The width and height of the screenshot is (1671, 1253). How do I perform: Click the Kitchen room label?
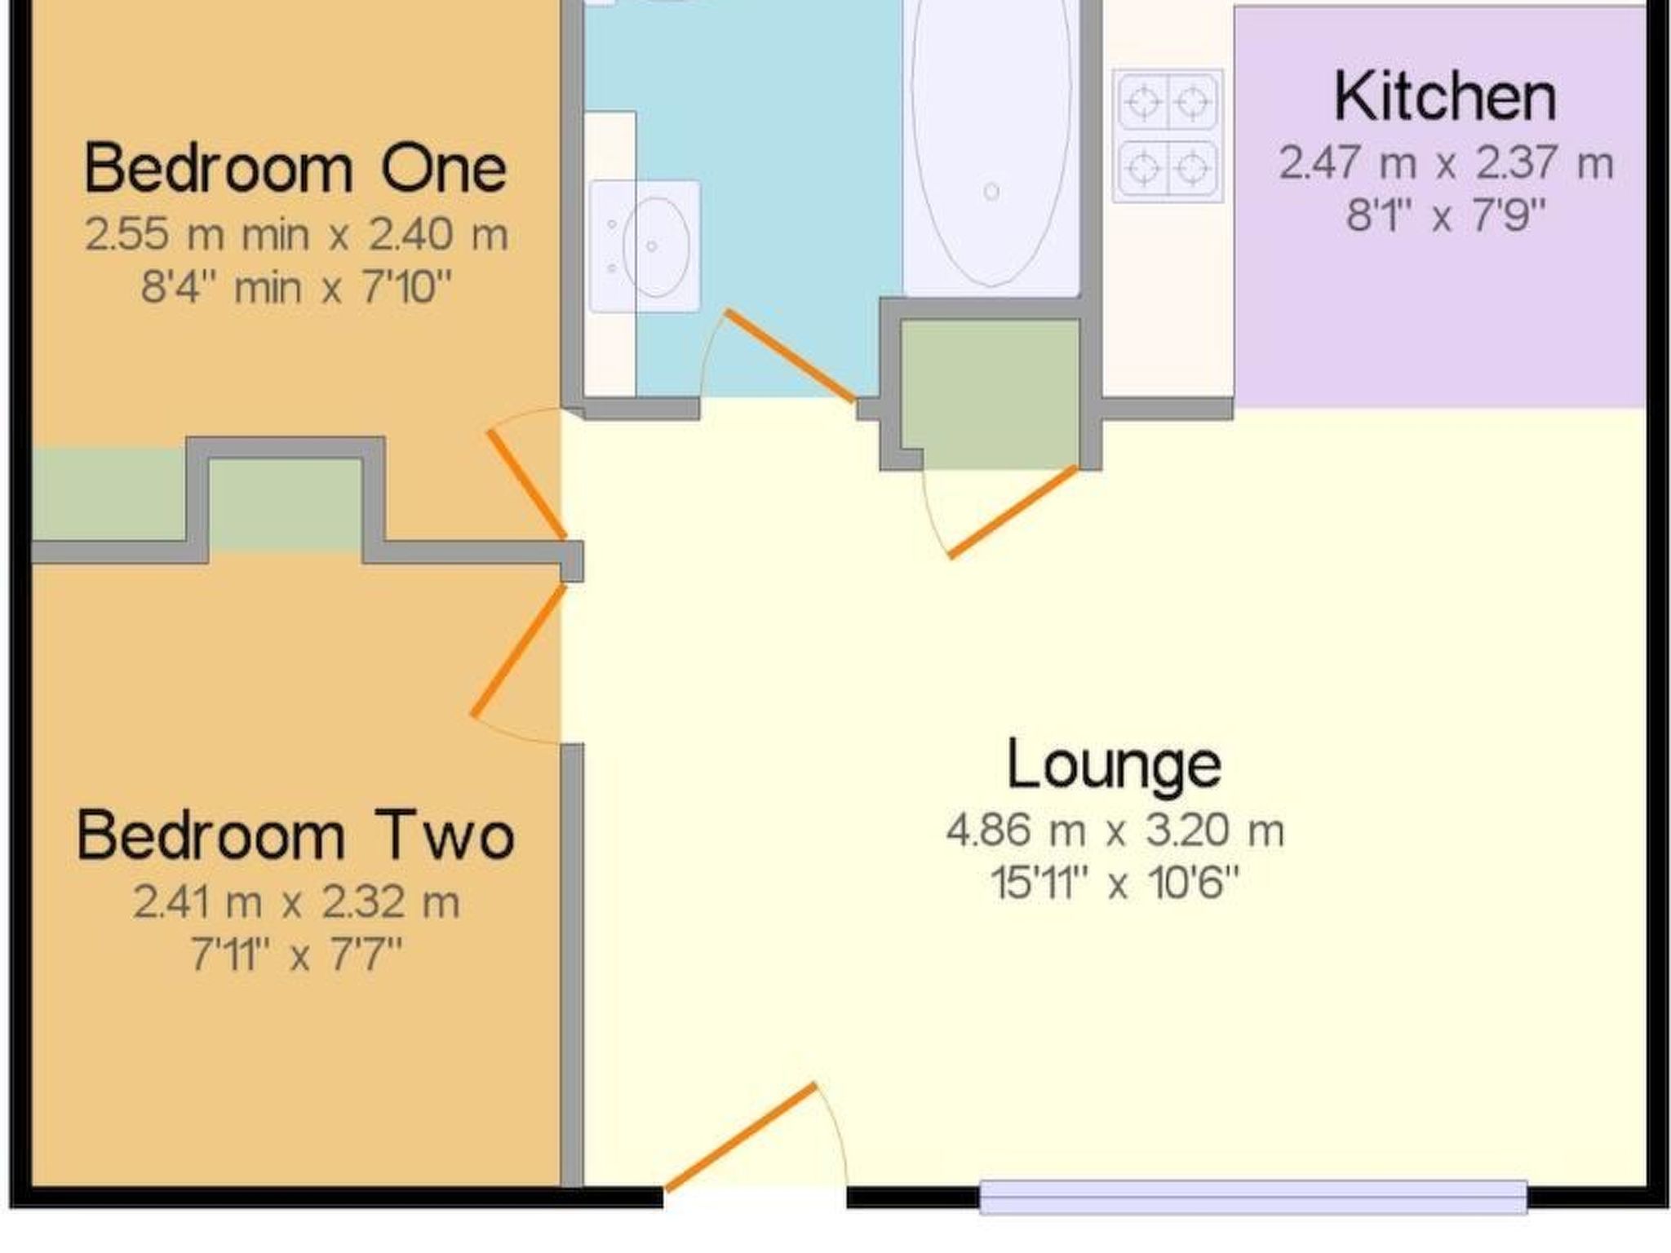(1445, 97)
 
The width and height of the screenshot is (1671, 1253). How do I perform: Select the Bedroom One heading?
(295, 168)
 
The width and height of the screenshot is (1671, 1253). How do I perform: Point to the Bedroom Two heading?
(295, 835)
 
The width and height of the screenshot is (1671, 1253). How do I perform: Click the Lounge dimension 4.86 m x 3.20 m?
(1115, 831)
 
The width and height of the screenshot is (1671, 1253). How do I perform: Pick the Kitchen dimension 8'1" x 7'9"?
(1445, 216)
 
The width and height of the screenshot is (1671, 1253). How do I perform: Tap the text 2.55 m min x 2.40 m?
(296, 235)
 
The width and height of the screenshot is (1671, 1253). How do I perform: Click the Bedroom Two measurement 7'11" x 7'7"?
(296, 953)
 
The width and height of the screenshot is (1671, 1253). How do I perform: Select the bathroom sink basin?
(655, 246)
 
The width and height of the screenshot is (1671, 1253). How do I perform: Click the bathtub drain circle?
(991, 192)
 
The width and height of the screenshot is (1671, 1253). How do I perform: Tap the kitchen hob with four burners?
(1168, 135)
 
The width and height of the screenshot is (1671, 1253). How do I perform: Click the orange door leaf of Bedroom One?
(527, 485)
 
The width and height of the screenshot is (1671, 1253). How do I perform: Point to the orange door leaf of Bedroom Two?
(519, 650)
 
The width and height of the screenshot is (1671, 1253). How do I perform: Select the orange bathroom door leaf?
(791, 356)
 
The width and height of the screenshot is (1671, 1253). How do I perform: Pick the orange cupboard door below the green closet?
(1013, 511)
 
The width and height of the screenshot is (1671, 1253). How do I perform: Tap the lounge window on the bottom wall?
(1252, 1197)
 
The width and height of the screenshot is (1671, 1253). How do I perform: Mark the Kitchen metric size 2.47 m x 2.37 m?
(1445, 162)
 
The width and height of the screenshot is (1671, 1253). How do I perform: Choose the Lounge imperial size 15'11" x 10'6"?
(1115, 883)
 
